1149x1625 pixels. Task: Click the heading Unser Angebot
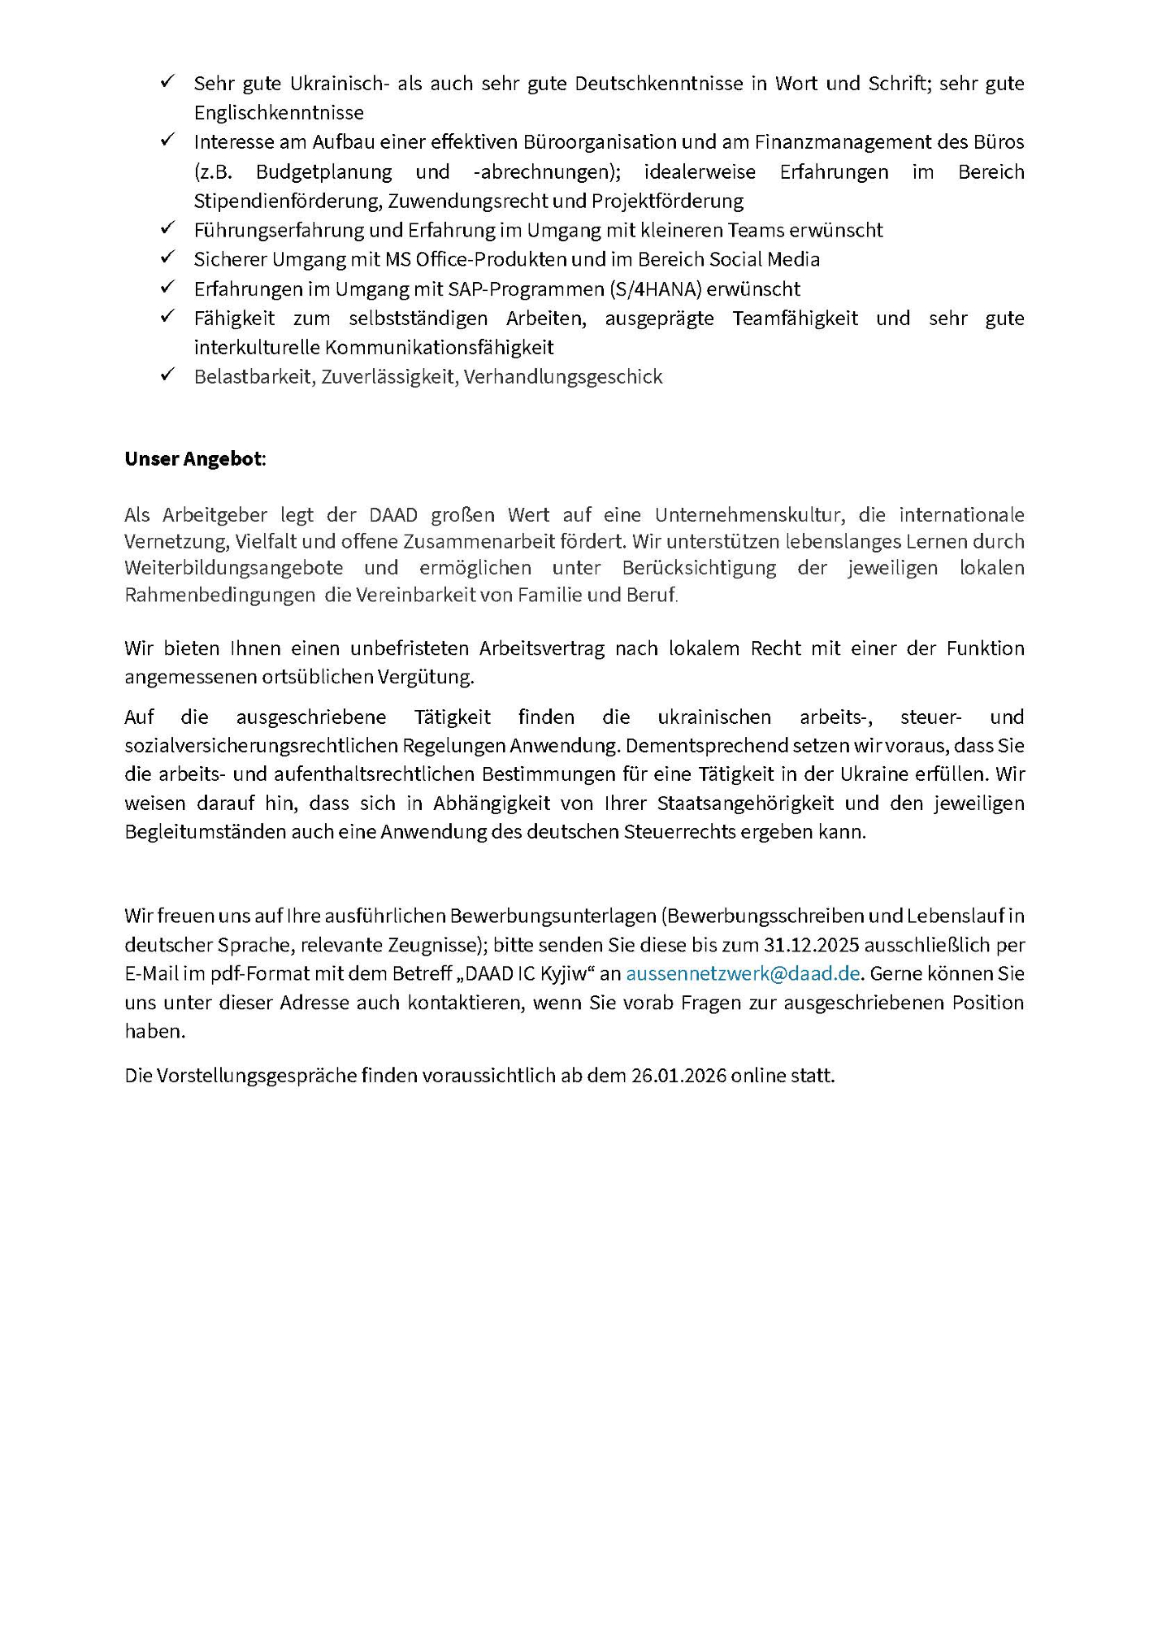pyautogui.click(x=194, y=459)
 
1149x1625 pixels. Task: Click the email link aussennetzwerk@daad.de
pyautogui.click(x=743, y=973)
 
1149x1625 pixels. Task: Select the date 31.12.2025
pyautogui.click(x=813, y=945)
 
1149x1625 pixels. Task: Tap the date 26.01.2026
pyautogui.click(x=679, y=1076)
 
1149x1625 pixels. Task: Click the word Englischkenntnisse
pyautogui.click(x=279, y=112)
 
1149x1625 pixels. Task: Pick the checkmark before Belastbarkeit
pyautogui.click(x=168, y=375)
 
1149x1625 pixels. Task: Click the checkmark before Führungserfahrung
pyautogui.click(x=168, y=228)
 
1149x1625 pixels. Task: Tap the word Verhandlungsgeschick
pyautogui.click(x=563, y=377)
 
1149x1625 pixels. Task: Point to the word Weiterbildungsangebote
pyautogui.click(x=234, y=568)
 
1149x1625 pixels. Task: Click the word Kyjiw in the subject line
pyautogui.click(x=564, y=973)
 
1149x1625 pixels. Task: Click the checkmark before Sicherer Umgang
pyautogui.click(x=168, y=258)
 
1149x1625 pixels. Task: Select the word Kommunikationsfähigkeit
pyautogui.click(x=440, y=348)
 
